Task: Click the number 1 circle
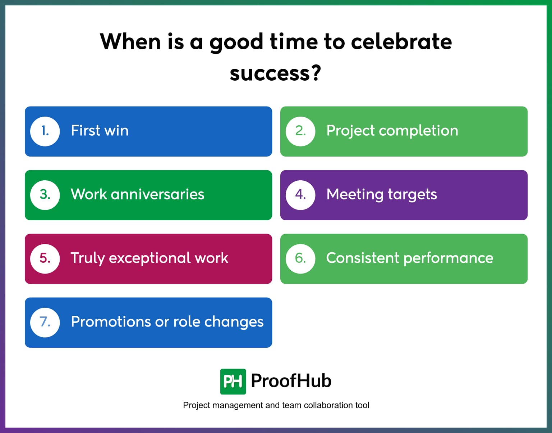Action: click(x=45, y=131)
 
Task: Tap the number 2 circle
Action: click(x=300, y=131)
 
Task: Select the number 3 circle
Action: click(x=45, y=195)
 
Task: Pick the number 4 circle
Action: click(x=300, y=195)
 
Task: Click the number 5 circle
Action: click(x=45, y=258)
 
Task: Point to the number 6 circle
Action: click(x=300, y=258)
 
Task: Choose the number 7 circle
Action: click(x=45, y=322)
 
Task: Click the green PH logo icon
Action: click(x=233, y=381)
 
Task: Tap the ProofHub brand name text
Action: click(x=291, y=381)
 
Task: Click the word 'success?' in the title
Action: click(x=275, y=73)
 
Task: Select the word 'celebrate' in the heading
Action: click(x=401, y=42)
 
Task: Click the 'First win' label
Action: click(x=100, y=131)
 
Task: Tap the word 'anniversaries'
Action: click(x=157, y=194)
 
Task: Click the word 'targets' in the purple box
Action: click(x=412, y=195)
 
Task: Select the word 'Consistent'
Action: click(x=362, y=258)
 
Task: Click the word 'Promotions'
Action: click(x=111, y=322)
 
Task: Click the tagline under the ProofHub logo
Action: click(x=276, y=405)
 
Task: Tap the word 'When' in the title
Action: click(x=130, y=42)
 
